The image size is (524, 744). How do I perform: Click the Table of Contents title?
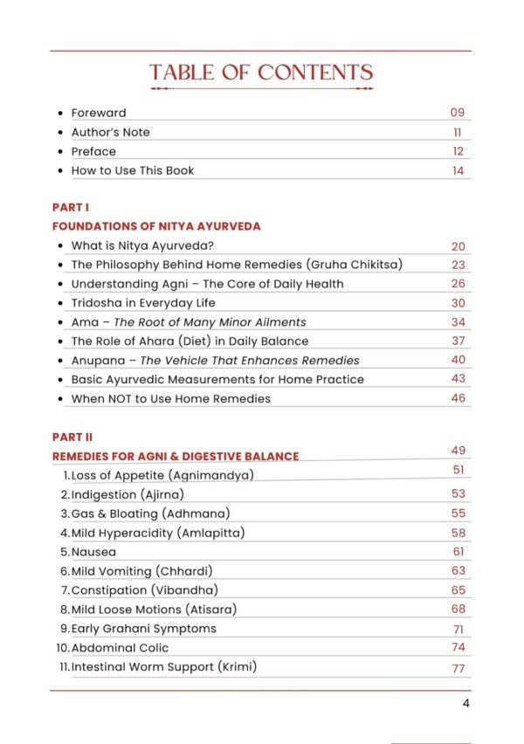(261, 72)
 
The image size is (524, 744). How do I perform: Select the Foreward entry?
(98, 113)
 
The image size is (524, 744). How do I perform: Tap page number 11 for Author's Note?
(458, 132)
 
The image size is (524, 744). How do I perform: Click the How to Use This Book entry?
(132, 170)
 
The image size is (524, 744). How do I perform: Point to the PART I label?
(71, 207)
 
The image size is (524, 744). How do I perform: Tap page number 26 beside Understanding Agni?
(458, 284)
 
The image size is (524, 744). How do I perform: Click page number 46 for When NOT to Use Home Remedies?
(458, 397)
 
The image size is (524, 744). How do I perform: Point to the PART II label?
(72, 437)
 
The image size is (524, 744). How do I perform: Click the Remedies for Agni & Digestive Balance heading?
(176, 456)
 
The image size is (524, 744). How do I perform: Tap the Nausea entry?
(93, 552)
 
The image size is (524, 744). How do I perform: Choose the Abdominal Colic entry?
(120, 648)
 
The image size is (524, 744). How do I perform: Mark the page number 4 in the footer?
(466, 705)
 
